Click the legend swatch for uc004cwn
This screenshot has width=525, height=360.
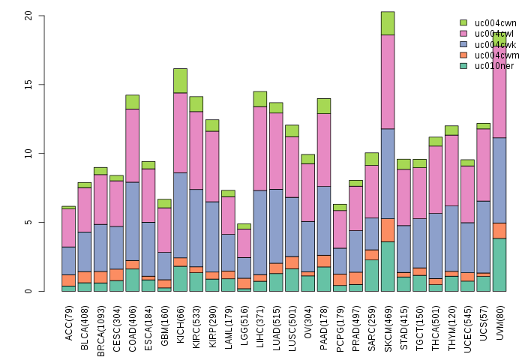[463, 23]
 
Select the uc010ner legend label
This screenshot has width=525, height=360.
[490, 66]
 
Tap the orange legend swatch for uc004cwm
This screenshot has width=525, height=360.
[463, 55]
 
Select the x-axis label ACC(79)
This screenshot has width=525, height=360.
[69, 322]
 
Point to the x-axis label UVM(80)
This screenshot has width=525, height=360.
[499, 322]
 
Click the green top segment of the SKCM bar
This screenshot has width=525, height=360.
[388, 23]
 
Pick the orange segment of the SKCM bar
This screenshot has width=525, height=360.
[388, 229]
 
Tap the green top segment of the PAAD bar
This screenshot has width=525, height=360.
[324, 106]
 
